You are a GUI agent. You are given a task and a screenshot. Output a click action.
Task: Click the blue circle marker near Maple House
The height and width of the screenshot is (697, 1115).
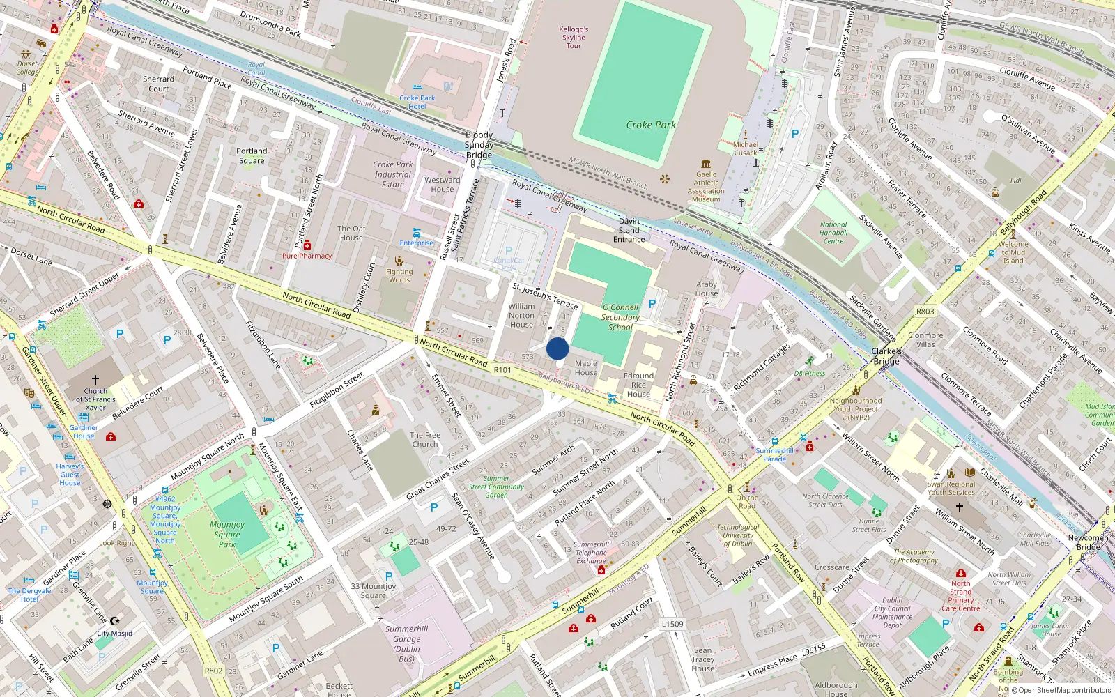pyautogui.click(x=557, y=348)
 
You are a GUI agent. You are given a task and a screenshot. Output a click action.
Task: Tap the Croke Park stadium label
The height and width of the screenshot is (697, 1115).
pyautogui.click(x=650, y=125)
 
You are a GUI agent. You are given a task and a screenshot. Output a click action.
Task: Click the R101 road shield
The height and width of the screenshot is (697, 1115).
pyautogui.click(x=502, y=370)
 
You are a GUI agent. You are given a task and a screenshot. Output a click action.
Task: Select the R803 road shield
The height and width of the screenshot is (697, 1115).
pyautogui.click(x=925, y=312)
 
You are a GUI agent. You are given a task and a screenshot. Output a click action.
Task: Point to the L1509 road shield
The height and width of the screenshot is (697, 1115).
pyautogui.click(x=672, y=624)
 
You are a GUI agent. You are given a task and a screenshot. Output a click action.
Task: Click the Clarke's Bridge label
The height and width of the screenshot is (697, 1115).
pyautogui.click(x=886, y=356)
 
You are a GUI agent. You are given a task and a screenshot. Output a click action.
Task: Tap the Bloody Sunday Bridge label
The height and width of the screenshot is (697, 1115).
pyautogui.click(x=479, y=145)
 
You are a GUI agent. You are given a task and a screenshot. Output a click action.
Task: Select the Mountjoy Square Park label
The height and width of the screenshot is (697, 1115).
pyautogui.click(x=227, y=534)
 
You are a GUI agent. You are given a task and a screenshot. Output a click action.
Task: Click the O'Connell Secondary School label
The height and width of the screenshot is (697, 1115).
pyautogui.click(x=620, y=317)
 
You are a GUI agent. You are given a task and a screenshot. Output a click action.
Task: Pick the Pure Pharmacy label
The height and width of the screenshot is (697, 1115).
pyautogui.click(x=307, y=256)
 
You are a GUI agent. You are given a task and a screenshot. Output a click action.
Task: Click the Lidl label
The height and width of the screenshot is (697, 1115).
pyautogui.click(x=1015, y=181)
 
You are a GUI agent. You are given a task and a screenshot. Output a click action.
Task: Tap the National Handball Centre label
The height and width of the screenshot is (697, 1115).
pyautogui.click(x=833, y=233)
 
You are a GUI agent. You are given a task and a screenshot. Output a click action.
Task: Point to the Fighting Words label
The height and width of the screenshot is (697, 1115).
pyautogui.click(x=399, y=275)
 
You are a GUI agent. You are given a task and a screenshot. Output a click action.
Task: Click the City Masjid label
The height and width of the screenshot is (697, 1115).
pyautogui.click(x=114, y=634)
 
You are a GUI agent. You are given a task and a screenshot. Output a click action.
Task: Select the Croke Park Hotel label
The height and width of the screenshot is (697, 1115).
pyautogui.click(x=417, y=102)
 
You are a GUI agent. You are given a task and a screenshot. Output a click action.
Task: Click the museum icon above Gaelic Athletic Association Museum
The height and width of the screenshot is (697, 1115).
pyautogui.click(x=706, y=164)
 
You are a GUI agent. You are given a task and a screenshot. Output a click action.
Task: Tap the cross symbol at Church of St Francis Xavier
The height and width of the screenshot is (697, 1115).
pyautogui.click(x=95, y=381)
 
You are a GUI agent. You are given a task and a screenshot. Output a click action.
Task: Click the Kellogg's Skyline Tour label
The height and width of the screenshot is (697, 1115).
pyautogui.click(x=574, y=38)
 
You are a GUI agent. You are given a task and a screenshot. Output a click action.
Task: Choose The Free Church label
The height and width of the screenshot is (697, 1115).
pyautogui.click(x=425, y=439)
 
